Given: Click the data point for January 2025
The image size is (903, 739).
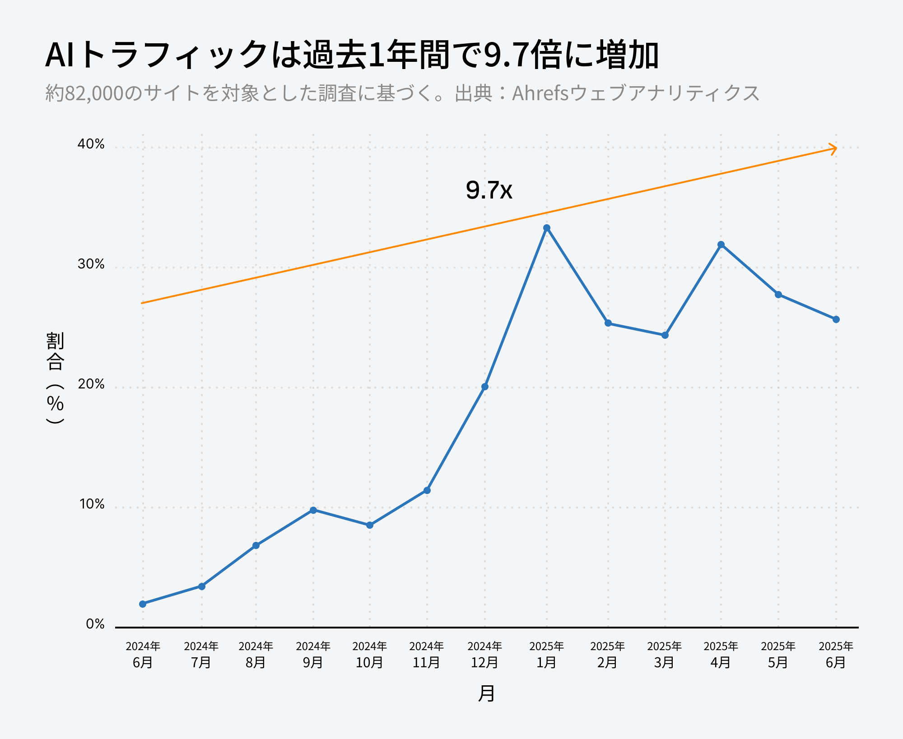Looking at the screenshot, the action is point(547,228).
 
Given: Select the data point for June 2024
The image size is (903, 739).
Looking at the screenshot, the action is point(143,604).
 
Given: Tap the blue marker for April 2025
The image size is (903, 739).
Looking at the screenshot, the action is point(721,245).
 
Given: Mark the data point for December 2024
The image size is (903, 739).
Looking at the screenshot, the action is point(485,387).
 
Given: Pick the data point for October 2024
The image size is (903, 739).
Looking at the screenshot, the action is point(370,525).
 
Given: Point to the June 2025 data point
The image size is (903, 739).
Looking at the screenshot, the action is point(836,319).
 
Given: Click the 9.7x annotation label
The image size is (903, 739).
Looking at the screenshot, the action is point(489,190).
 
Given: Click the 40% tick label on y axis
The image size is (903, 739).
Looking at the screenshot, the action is point(91,144).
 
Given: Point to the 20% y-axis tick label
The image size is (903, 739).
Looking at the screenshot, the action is point(91,384).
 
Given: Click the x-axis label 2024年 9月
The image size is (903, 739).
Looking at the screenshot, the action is point(313,654).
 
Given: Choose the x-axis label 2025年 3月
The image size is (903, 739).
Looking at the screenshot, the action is point(664,654).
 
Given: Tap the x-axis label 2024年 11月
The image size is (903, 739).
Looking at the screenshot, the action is point(427,654).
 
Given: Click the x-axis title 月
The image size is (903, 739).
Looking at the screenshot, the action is point(486,693).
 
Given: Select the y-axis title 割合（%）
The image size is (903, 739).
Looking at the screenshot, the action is point(55,378).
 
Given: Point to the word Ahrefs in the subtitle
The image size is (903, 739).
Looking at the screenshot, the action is point(540,93).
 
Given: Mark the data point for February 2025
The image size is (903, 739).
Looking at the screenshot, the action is point(608,323).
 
